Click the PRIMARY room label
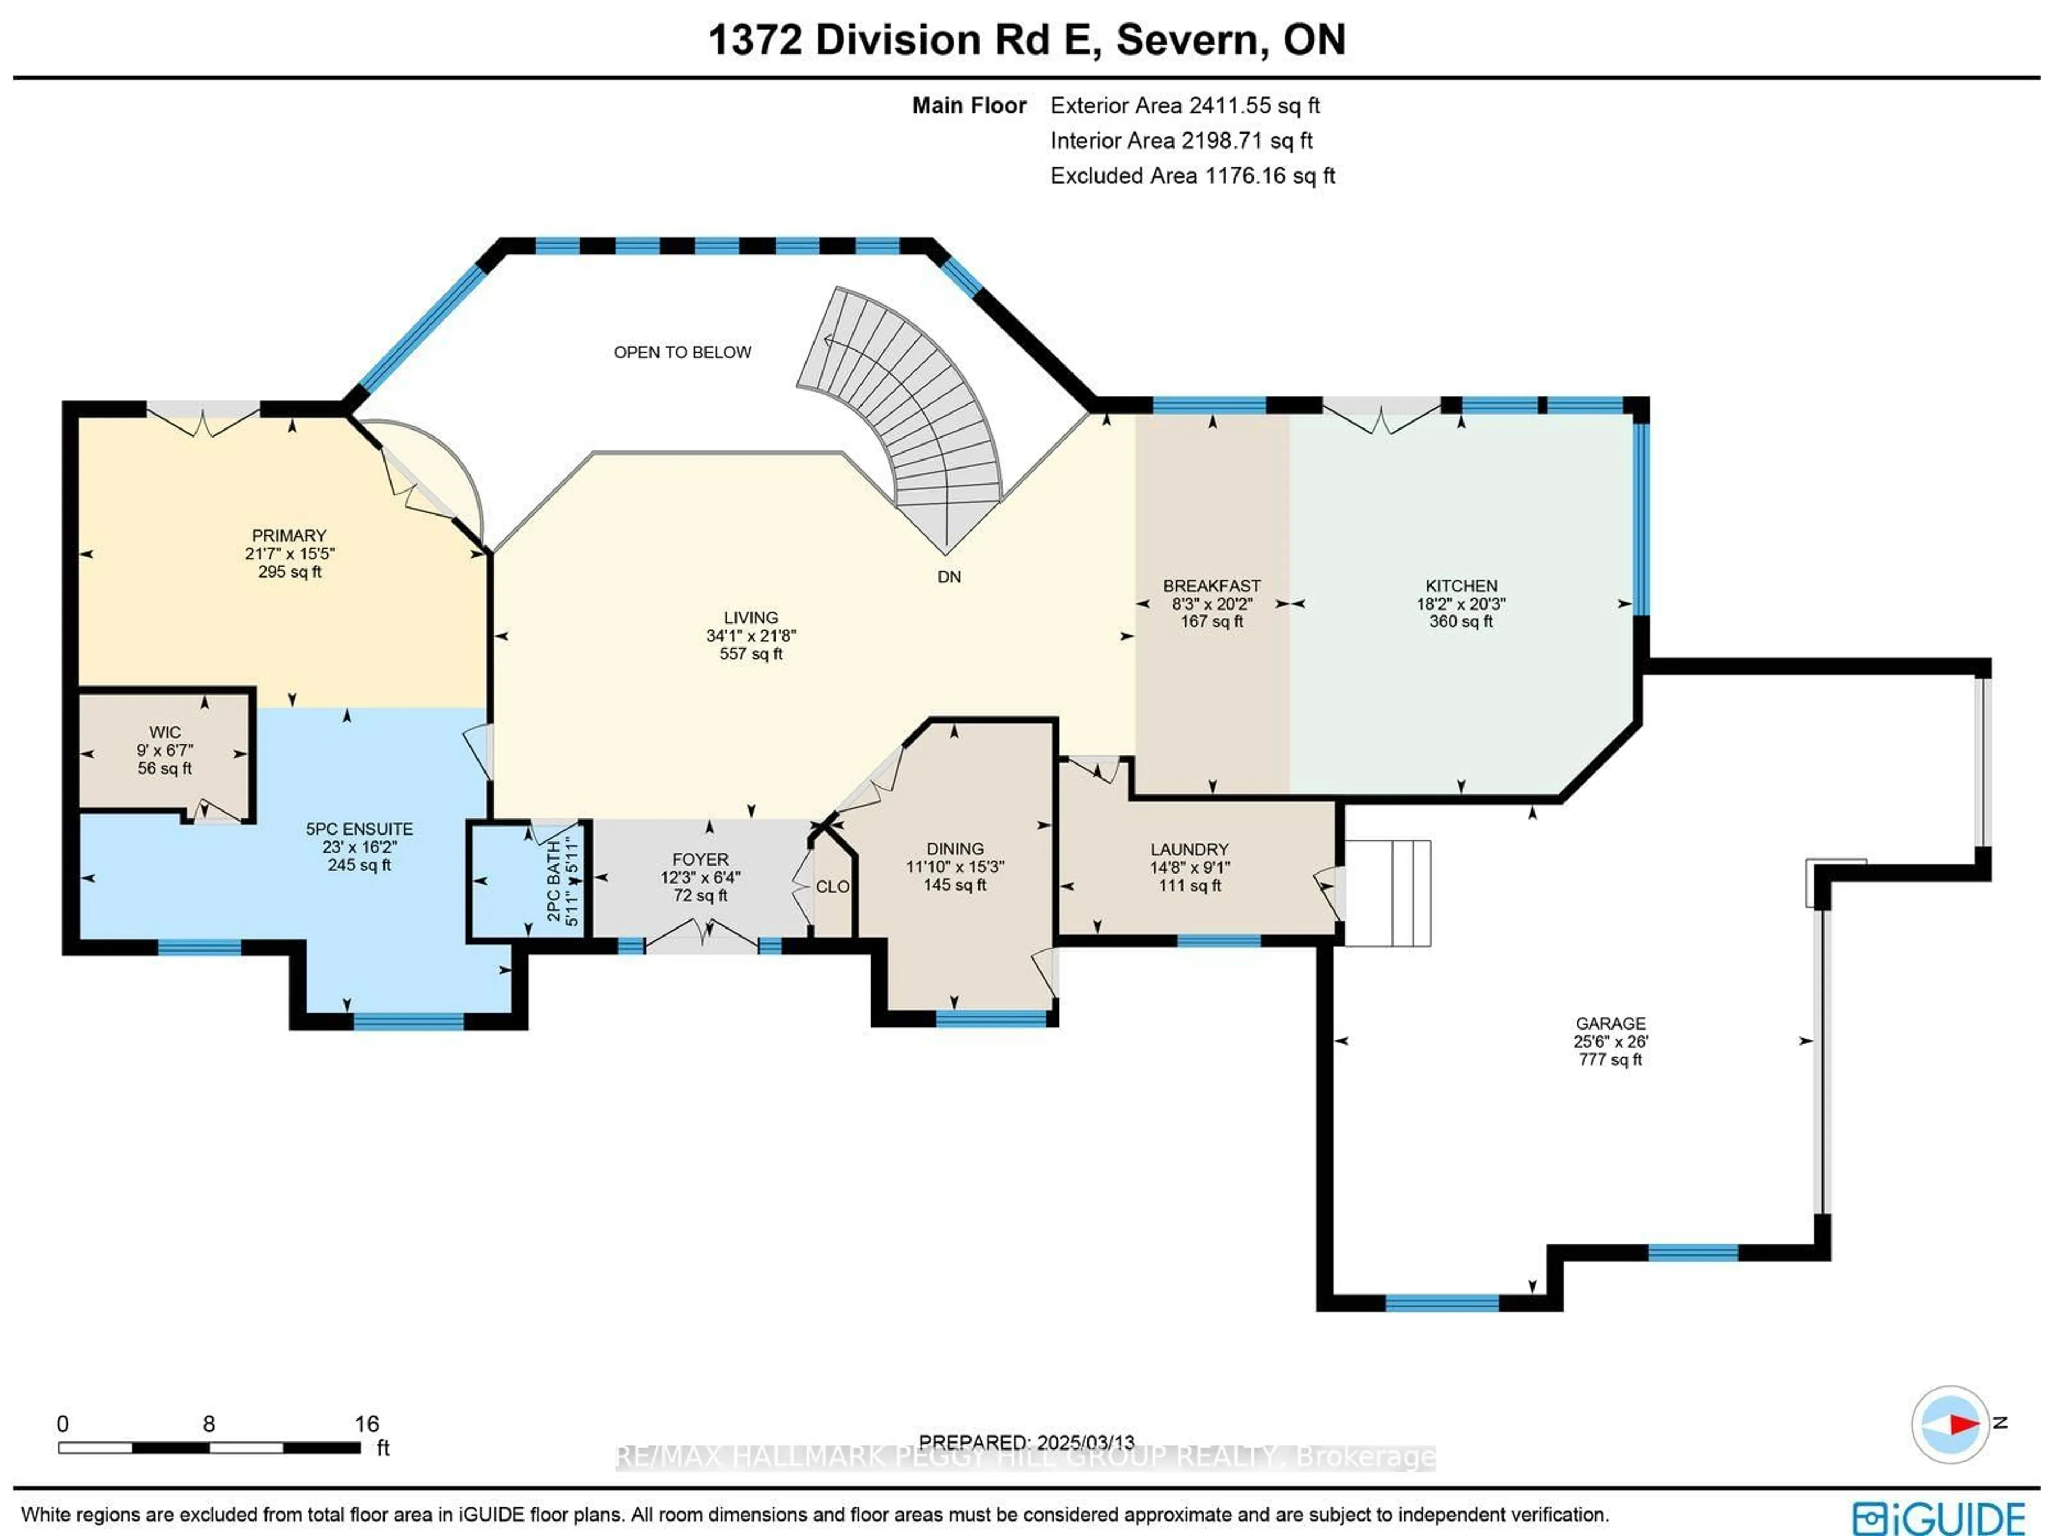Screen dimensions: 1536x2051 click(x=289, y=535)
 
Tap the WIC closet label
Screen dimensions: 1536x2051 click(x=165, y=732)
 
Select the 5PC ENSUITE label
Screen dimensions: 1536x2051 click(x=360, y=828)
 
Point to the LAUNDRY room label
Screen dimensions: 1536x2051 click(x=1189, y=849)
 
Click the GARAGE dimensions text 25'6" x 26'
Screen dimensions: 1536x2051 click(x=1610, y=1041)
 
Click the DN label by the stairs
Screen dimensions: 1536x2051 click(x=949, y=577)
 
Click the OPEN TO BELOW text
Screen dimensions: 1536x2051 click(x=683, y=353)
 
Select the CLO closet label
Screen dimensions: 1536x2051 click(x=832, y=887)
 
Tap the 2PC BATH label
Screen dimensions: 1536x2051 click(x=553, y=880)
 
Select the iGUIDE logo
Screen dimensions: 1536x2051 click(x=1938, y=1517)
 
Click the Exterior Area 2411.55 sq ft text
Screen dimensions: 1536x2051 click(x=1185, y=106)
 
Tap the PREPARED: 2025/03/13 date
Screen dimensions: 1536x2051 click(x=1027, y=1443)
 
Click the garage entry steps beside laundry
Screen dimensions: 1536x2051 click(x=1388, y=892)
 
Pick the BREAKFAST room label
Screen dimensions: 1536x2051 click(x=1212, y=585)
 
